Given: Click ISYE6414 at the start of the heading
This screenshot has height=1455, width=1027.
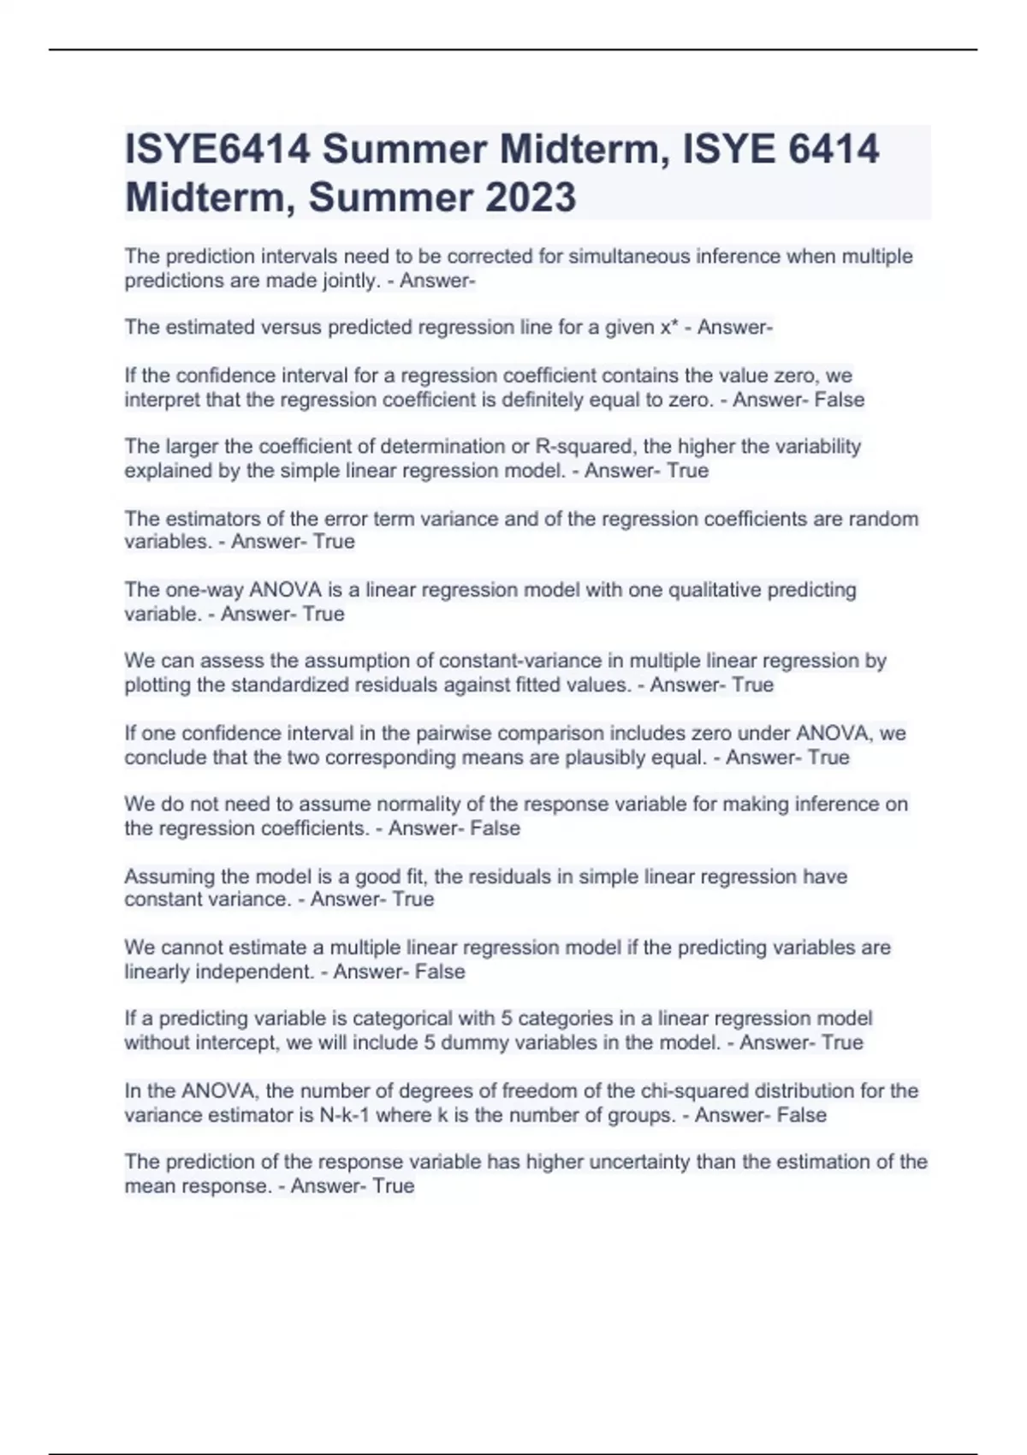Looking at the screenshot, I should [x=217, y=150].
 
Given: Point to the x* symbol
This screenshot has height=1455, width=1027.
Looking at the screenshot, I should [x=669, y=327].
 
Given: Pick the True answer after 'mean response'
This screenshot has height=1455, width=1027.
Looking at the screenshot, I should [x=393, y=1186].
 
